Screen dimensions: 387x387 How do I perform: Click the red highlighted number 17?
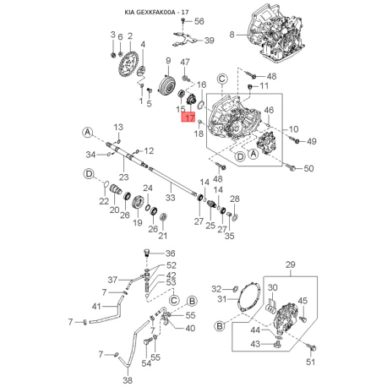pyautogui.click(x=188, y=117)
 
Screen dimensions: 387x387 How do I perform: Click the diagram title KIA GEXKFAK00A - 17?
pyautogui.click(x=156, y=13)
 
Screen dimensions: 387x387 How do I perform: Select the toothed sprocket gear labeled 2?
pyautogui.click(x=128, y=64)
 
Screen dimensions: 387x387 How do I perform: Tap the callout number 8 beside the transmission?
pyautogui.click(x=232, y=35)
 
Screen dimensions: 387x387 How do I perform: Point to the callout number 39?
pyautogui.click(x=210, y=41)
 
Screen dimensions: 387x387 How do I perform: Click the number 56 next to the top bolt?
pyautogui.click(x=199, y=21)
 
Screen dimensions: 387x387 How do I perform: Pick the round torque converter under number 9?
pyautogui.click(x=167, y=84)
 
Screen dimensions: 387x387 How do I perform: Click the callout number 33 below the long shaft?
pyautogui.click(x=171, y=198)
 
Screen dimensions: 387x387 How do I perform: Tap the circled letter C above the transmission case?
pyautogui.click(x=222, y=79)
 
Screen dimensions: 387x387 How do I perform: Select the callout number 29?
pyautogui.click(x=291, y=264)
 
